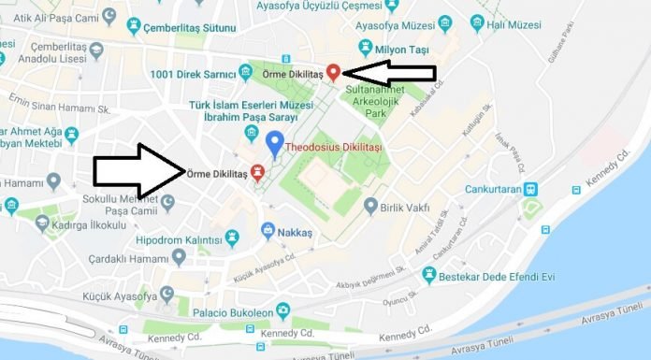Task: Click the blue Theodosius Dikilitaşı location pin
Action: point(274,143)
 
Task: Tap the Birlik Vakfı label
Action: point(408,206)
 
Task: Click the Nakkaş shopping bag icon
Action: point(268,229)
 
